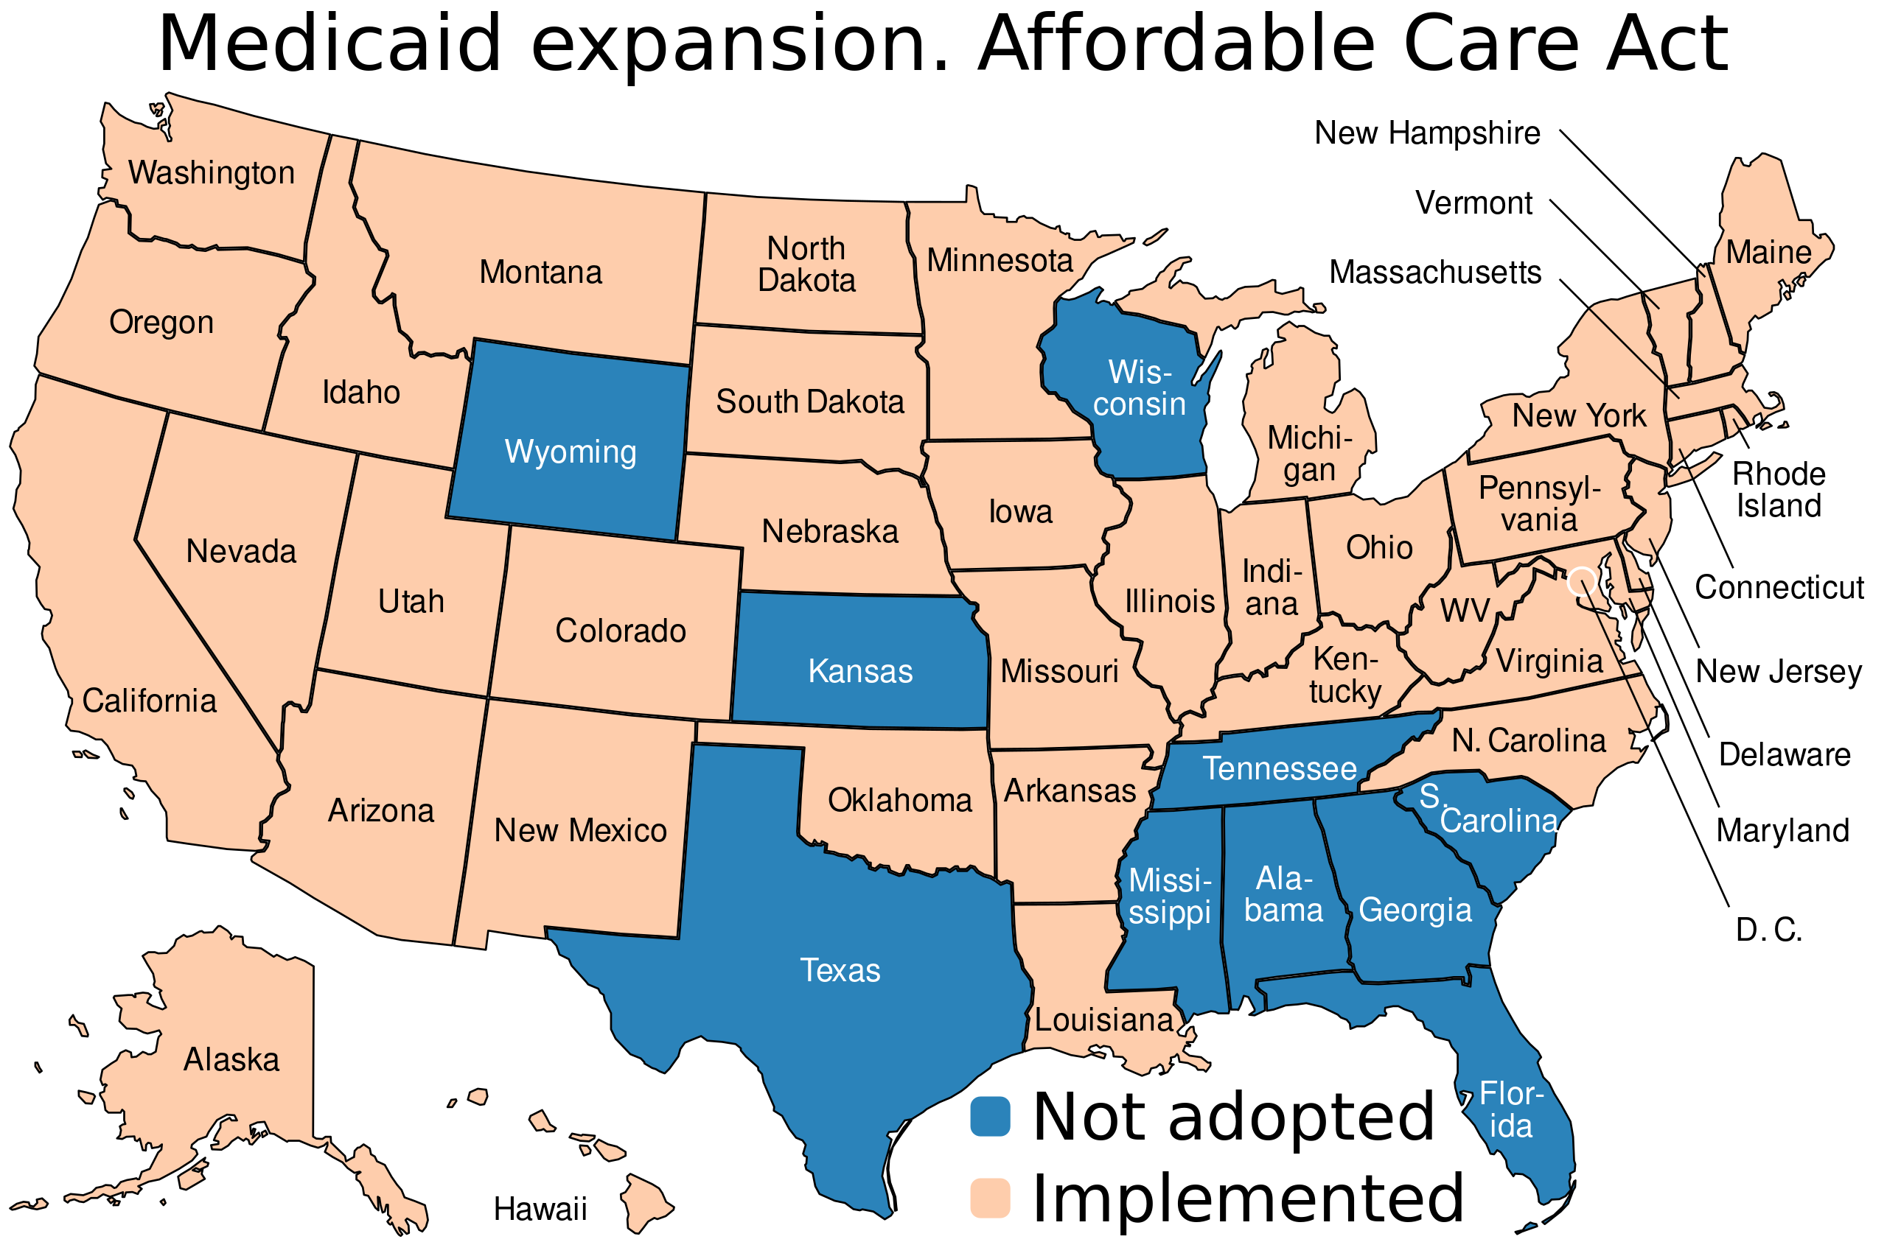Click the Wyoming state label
pyautogui.click(x=571, y=452)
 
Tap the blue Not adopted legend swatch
pyautogui.click(x=990, y=1117)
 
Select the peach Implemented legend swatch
pyautogui.click(x=990, y=1198)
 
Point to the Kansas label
pyautogui.click(x=859, y=671)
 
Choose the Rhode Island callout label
pyautogui.click(x=1778, y=490)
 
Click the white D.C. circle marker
pyautogui.click(x=1580, y=580)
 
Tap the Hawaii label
pyautogui.click(x=540, y=1210)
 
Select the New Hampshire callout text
pyautogui.click(x=1427, y=133)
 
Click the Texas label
pyautogui.click(x=840, y=971)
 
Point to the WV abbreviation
pyautogui.click(x=1464, y=611)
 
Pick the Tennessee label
pyautogui.click(x=1280, y=769)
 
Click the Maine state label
pyautogui.click(x=1768, y=253)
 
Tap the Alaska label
pyautogui.click(x=231, y=1061)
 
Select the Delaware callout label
pyautogui.click(x=1785, y=755)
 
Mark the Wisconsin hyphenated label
pyautogui.click(x=1140, y=388)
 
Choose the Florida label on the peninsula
pyautogui.click(x=1511, y=1110)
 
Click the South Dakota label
pyautogui.click(x=809, y=402)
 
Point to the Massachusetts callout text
pyautogui.click(x=1435, y=273)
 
